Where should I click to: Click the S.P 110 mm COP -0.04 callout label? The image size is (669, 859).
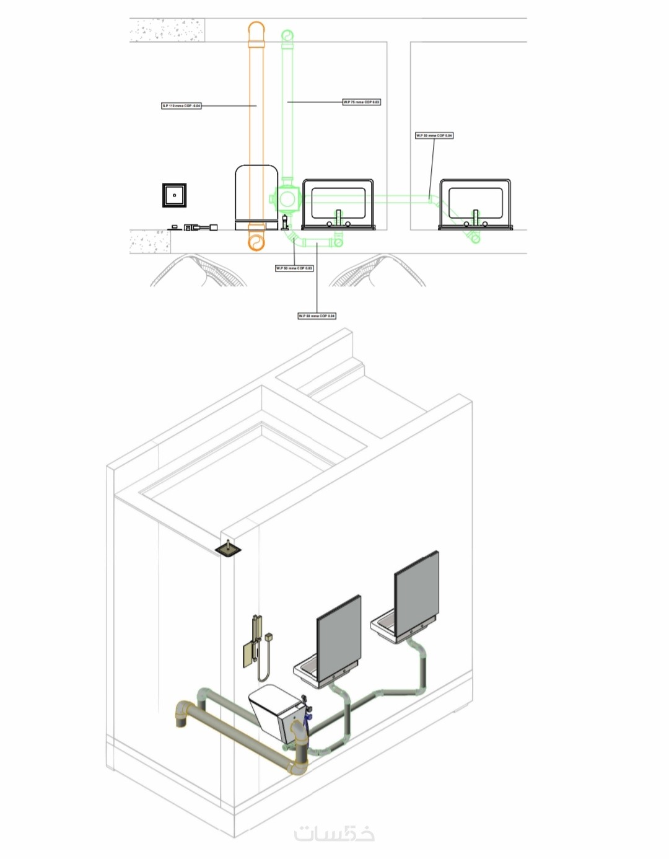pyautogui.click(x=181, y=106)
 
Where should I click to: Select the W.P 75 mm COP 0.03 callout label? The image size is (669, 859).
pyautogui.click(x=362, y=102)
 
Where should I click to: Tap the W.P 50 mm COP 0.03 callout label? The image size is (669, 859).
pyautogui.click(x=294, y=268)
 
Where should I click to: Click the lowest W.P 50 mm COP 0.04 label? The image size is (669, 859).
pyautogui.click(x=317, y=316)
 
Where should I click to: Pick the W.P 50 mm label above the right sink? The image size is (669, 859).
pyautogui.click(x=434, y=135)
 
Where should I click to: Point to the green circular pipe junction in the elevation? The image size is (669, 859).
pyautogui.click(x=287, y=200)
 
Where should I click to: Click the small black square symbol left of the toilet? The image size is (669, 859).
pyautogui.click(x=175, y=195)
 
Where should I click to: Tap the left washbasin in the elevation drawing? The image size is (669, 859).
pyautogui.click(x=338, y=203)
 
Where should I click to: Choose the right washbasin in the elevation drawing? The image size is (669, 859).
pyautogui.click(x=475, y=203)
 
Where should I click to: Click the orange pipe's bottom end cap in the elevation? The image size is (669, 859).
pyautogui.click(x=256, y=241)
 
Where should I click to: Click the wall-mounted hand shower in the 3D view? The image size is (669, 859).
pyautogui.click(x=255, y=645)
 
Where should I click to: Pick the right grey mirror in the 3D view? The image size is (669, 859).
pyautogui.click(x=417, y=588)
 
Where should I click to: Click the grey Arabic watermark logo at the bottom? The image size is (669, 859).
pyautogui.click(x=334, y=834)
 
